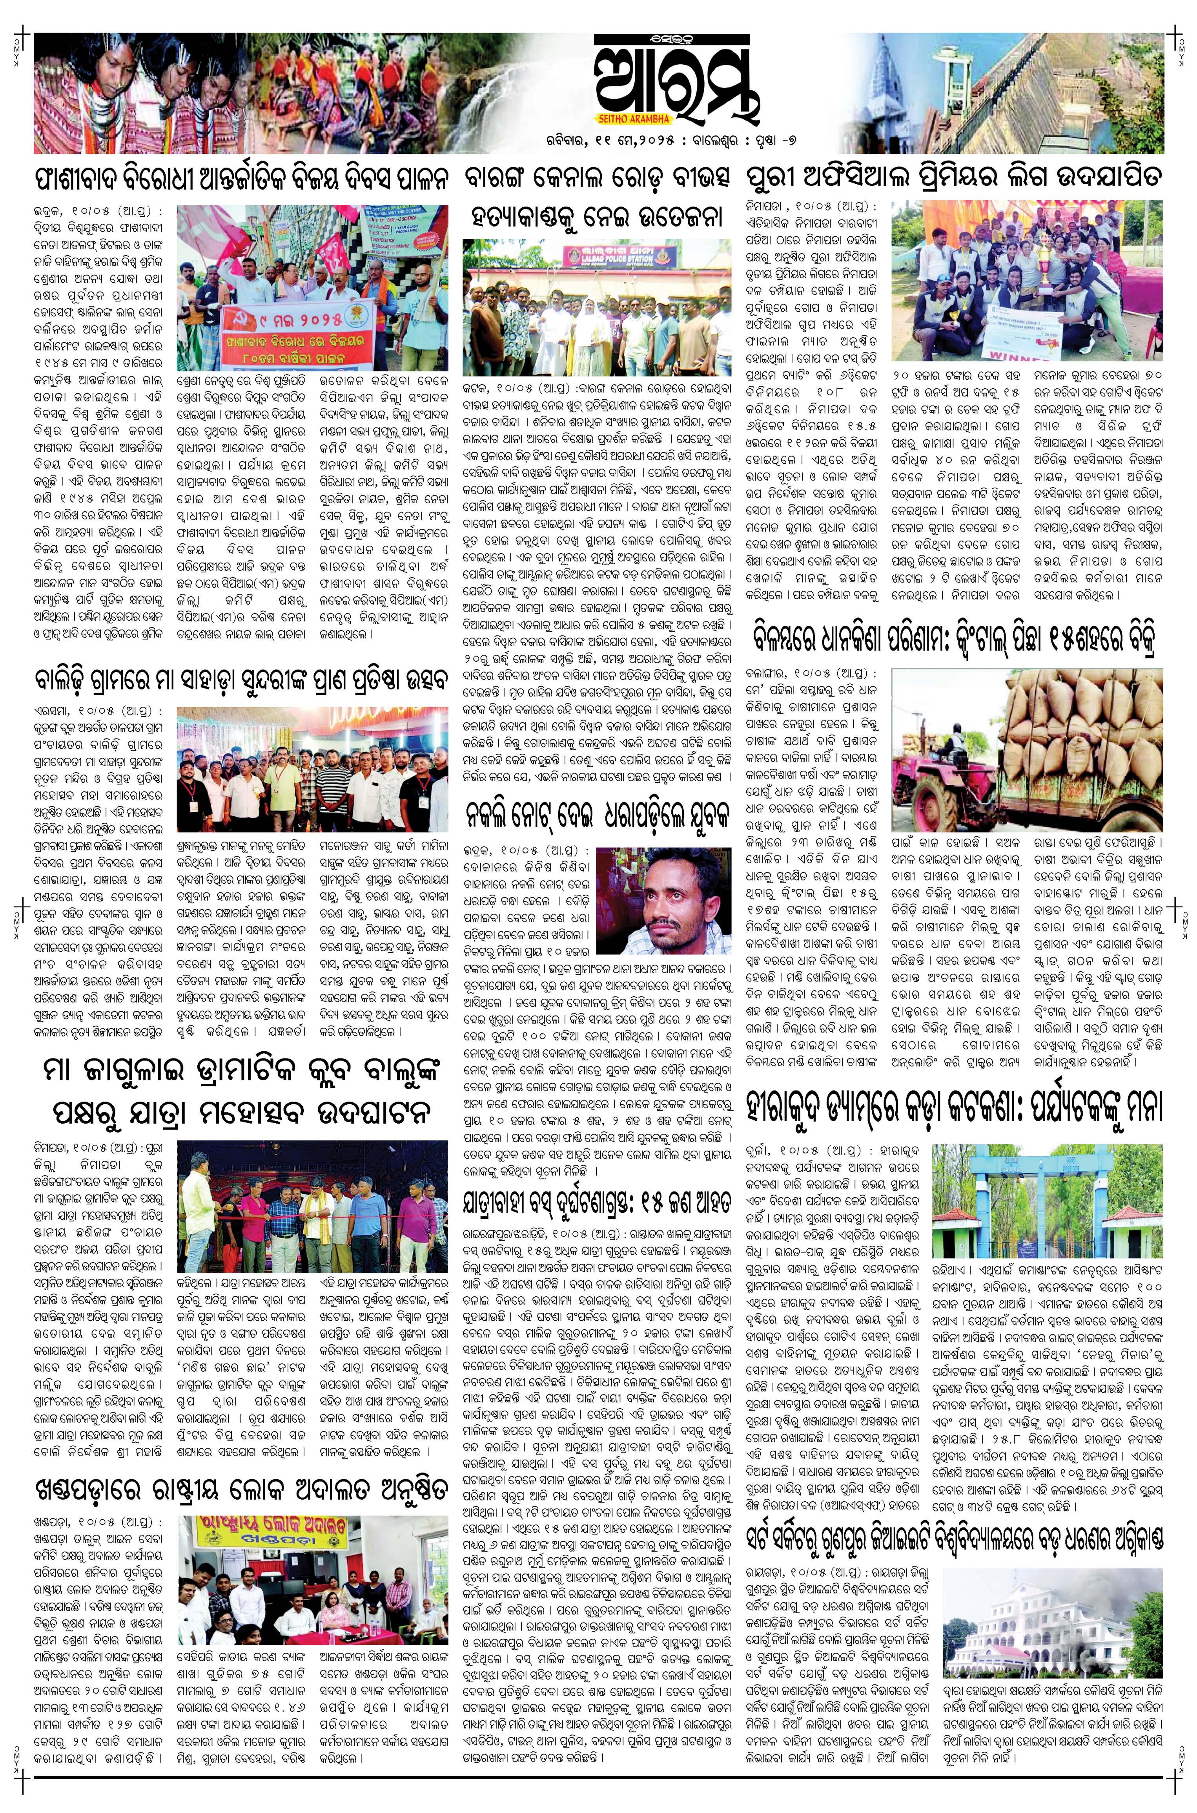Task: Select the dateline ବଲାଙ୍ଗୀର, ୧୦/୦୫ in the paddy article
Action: coord(794,675)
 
